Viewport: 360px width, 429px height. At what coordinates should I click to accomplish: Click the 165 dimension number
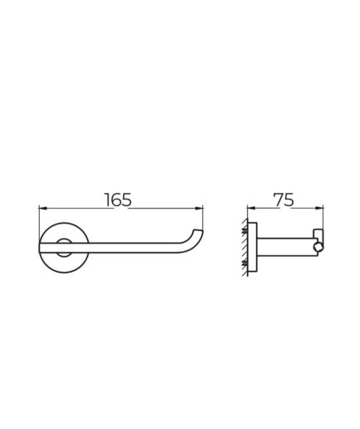[x=118, y=200]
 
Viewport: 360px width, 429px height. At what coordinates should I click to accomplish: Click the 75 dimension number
[x=284, y=200]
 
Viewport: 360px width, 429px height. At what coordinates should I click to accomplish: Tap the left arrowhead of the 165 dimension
[x=42, y=208]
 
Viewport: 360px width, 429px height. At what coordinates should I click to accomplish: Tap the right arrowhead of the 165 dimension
[x=200, y=208]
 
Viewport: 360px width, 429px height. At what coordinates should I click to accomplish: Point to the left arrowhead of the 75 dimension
[x=250, y=208]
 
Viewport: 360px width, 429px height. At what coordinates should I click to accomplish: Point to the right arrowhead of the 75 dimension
[x=319, y=208]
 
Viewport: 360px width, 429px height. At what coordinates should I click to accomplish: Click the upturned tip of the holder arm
[x=198, y=231]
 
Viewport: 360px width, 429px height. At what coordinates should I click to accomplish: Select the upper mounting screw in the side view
[x=245, y=230]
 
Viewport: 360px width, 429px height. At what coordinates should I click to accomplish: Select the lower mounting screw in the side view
[x=245, y=263]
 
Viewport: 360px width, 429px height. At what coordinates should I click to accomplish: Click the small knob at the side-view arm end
[x=318, y=247]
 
